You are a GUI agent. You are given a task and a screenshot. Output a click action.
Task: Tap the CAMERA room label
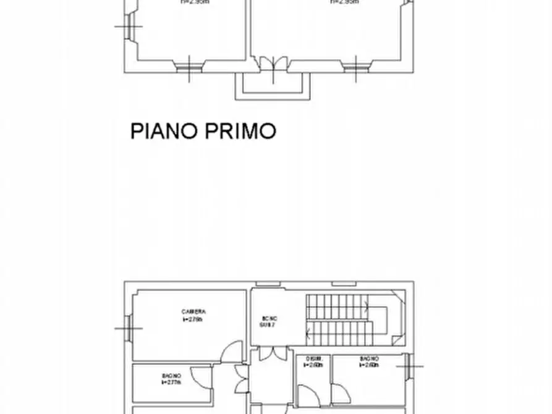193,311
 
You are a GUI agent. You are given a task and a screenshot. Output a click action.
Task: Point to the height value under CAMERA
193,319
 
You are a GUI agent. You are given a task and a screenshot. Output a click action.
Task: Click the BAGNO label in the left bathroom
172,376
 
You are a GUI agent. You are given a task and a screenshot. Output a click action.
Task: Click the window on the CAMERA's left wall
129,327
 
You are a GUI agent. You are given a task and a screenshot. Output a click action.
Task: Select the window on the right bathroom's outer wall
407,366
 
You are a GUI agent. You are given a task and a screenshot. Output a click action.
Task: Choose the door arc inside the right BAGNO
339,393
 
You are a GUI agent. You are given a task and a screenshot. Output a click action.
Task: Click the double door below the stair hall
272,354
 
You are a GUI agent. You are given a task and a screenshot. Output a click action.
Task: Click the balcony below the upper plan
272,86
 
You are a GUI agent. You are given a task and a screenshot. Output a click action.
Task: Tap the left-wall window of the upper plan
130,26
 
